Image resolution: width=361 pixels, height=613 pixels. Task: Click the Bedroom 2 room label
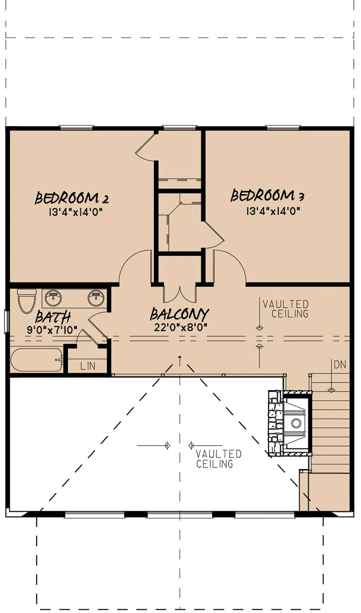pos(72,198)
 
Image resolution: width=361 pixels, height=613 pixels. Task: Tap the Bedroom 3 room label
pos(267,195)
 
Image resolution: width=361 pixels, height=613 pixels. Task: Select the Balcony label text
pos(180,314)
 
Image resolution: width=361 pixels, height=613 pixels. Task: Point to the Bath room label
pos(53,317)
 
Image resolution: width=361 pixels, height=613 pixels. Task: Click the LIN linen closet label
pos(88,366)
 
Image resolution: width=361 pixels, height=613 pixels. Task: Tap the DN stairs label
pos(340,365)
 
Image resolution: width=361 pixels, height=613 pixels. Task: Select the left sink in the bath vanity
pos(53,298)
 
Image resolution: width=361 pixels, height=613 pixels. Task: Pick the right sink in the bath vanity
pos(96,298)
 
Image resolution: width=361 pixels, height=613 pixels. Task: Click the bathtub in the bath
pos(37,360)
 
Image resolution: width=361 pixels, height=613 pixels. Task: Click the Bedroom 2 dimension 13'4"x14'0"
pos(76,212)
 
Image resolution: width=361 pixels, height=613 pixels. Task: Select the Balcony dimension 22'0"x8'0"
pos(181,327)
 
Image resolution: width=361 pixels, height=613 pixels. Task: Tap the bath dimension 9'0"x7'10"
pos(52,330)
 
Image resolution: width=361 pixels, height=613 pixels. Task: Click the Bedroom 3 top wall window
pos(283,128)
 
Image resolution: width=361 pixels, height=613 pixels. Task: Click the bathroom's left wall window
pos(7,322)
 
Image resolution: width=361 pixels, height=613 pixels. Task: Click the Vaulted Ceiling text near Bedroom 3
pos(286,309)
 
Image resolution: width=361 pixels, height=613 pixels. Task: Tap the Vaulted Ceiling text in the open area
pos(218,459)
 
